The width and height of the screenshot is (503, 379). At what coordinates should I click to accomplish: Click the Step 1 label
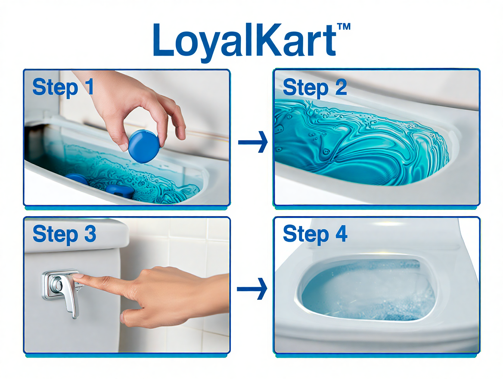click(x=63, y=87)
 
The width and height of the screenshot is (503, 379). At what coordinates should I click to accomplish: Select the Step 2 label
click(x=315, y=87)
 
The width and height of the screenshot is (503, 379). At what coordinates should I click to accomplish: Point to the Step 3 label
click(x=64, y=234)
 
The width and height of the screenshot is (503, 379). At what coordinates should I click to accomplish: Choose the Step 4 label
click(x=315, y=234)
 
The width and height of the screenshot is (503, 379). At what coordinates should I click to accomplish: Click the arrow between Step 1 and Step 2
click(x=253, y=142)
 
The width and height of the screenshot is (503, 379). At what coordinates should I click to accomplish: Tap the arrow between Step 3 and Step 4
click(x=252, y=289)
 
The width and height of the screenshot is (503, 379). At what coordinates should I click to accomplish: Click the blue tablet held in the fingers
click(x=143, y=146)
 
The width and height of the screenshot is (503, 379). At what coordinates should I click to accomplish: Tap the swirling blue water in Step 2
click(x=359, y=143)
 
